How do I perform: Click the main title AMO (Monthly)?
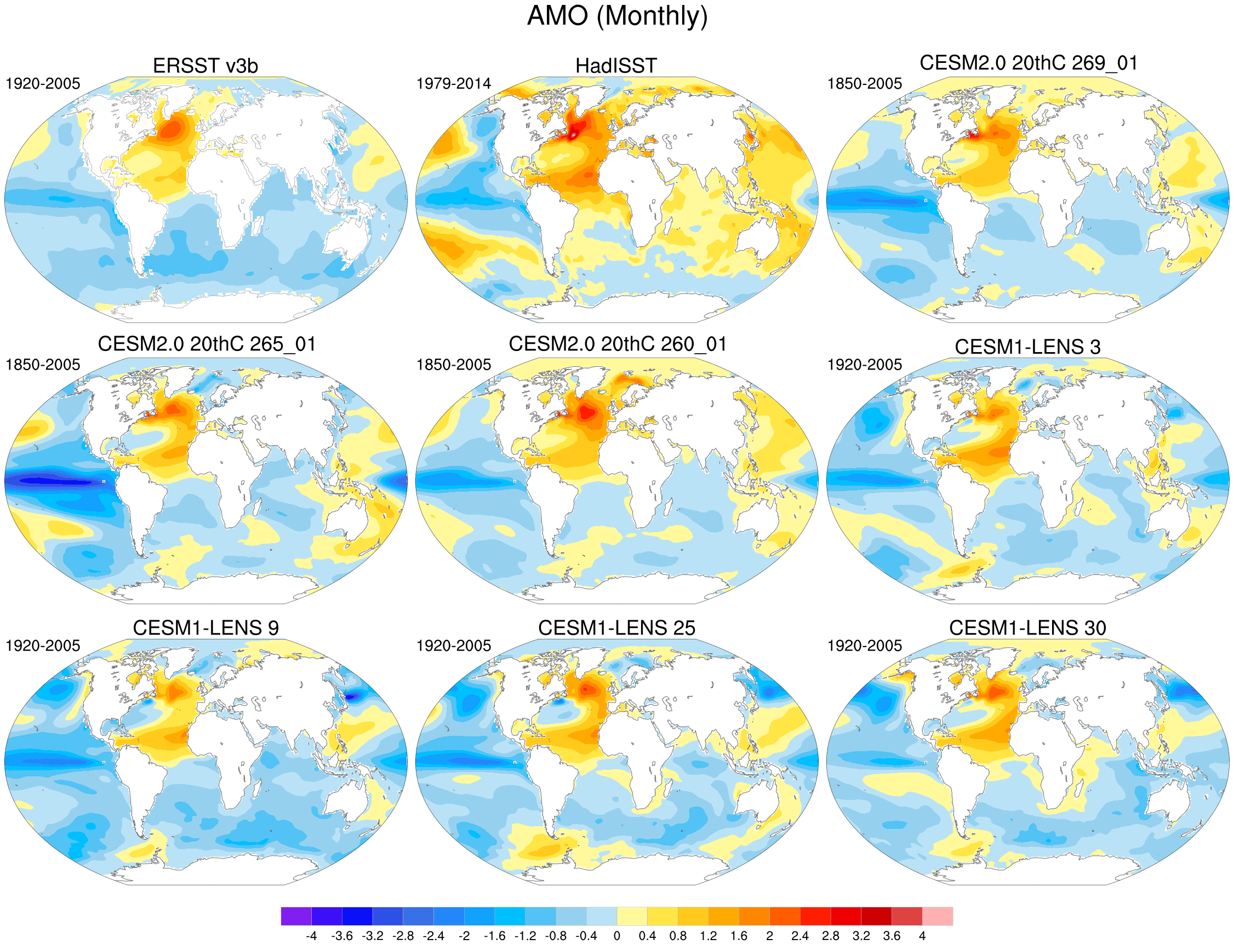tap(617, 16)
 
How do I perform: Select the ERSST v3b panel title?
tap(205, 66)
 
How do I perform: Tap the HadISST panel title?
tap(616, 66)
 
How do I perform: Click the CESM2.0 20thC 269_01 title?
tap(1029, 62)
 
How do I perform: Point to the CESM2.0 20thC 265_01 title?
tap(207, 344)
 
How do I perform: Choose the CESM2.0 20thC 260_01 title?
tap(618, 344)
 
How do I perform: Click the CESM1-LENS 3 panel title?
tap(1027, 347)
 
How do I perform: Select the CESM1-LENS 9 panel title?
tap(205, 628)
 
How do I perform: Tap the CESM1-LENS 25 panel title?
tap(616, 628)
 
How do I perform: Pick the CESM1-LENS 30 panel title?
tap(1027, 628)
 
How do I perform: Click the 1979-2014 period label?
tap(454, 84)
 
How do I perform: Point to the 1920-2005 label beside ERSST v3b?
tap(43, 84)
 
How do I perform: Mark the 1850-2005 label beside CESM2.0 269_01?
tap(865, 84)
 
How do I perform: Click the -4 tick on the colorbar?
tap(311, 936)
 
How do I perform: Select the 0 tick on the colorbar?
tap(617, 936)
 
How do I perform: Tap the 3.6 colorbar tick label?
tap(892, 936)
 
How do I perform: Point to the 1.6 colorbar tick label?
tap(739, 936)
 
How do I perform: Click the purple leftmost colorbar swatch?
tap(296, 917)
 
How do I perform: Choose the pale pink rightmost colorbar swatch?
tap(938, 917)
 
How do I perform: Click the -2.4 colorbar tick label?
tap(433, 936)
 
